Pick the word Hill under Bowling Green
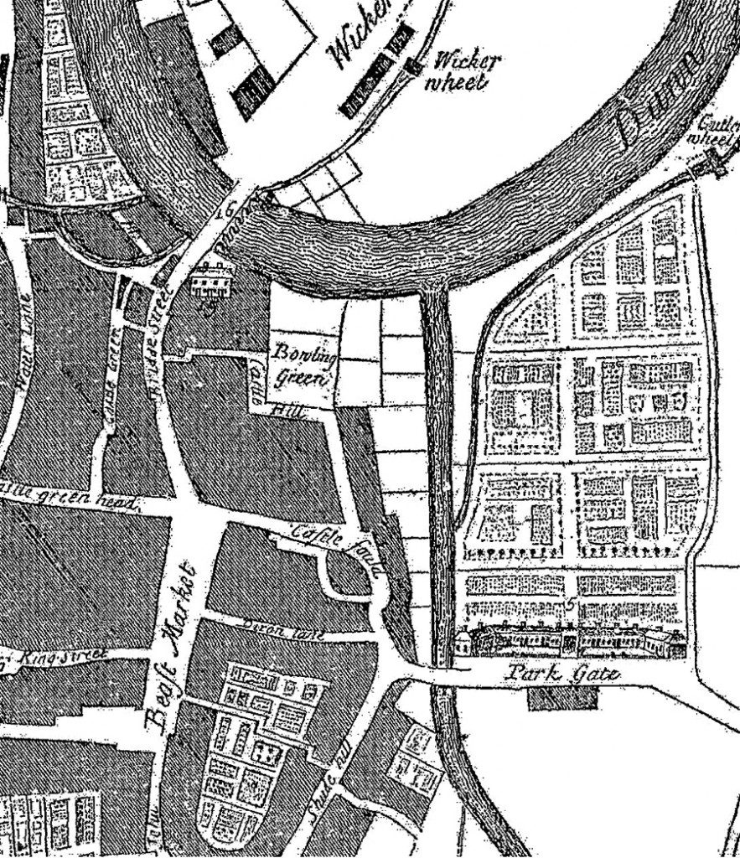pyautogui.click(x=290, y=411)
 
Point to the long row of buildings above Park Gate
pyautogui.click(x=570, y=642)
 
